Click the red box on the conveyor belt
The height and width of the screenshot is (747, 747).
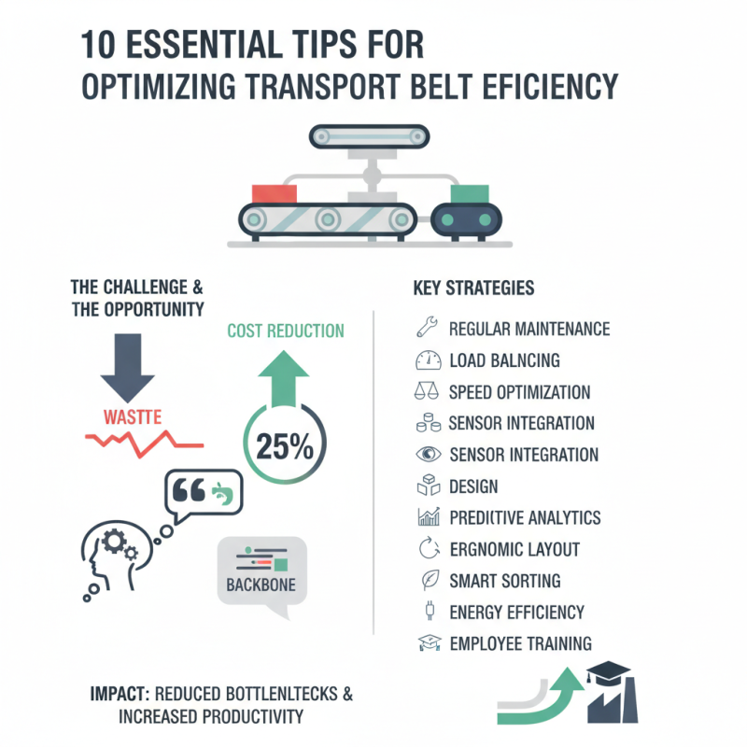273,192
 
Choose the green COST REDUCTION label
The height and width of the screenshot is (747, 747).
286,331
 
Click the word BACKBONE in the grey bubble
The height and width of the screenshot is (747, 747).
261,585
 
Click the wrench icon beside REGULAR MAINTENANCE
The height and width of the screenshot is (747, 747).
425,328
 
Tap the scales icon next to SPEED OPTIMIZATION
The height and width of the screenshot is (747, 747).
425,391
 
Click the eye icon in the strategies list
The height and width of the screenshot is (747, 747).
425,455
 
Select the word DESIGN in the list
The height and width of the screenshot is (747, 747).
473,486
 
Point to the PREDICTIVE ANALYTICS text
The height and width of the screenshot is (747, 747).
525,518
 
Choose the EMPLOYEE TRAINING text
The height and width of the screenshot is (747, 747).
520,643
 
